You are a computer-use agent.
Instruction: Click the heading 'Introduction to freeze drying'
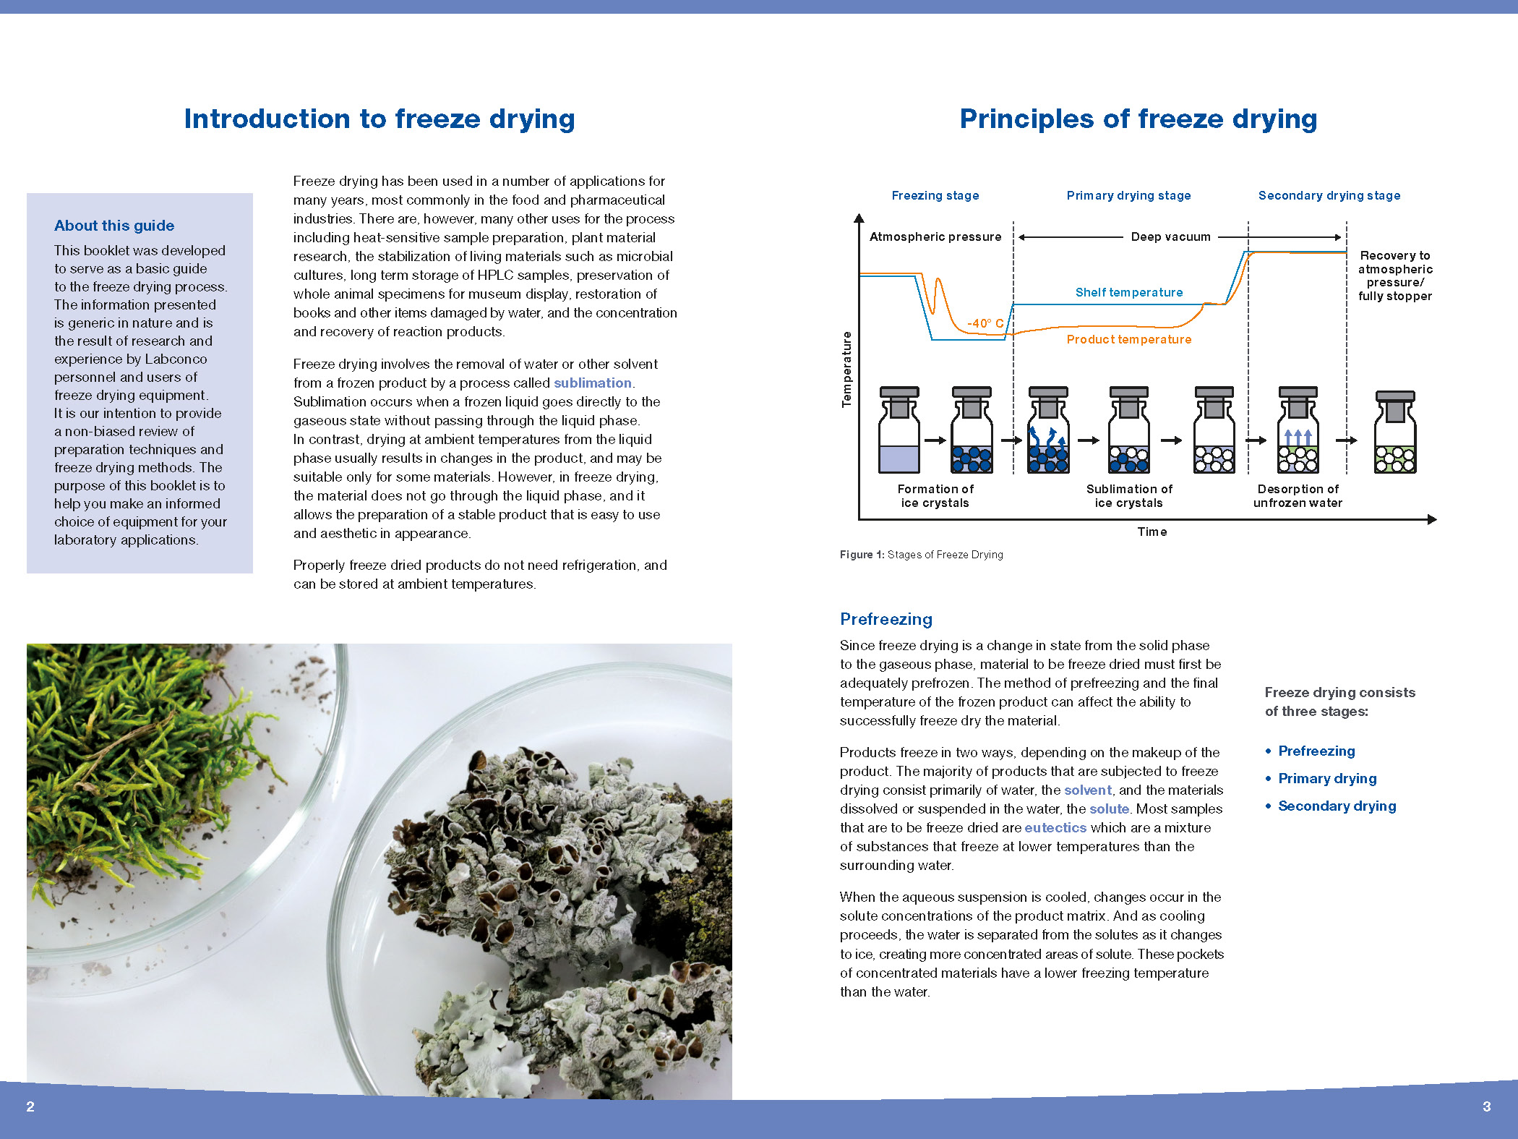(x=379, y=119)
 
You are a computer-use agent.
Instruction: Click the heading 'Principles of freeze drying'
(x=1138, y=119)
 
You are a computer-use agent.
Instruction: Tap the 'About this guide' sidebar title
(x=114, y=226)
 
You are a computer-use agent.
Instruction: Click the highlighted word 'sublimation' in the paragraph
(x=592, y=383)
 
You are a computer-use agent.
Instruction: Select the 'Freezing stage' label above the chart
(x=935, y=195)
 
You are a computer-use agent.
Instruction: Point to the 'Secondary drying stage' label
(x=1329, y=195)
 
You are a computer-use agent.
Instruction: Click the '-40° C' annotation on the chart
(x=985, y=323)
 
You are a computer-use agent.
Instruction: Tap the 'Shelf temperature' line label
(x=1128, y=292)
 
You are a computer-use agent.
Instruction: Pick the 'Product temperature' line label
(x=1128, y=339)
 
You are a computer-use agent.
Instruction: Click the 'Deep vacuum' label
(x=1170, y=237)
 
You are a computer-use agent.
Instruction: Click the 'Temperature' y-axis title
(x=846, y=369)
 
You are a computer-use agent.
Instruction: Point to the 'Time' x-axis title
(x=1152, y=532)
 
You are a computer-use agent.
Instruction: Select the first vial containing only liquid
(x=899, y=432)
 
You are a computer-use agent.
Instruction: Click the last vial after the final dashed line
(x=1394, y=434)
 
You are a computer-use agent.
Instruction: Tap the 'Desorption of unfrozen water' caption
(x=1298, y=496)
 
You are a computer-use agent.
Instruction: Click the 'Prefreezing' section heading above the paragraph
(x=885, y=619)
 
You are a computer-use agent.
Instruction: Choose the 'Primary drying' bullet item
(x=1326, y=778)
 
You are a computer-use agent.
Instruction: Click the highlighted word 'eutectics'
(x=1055, y=827)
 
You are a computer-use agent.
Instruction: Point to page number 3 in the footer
(x=1486, y=1106)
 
